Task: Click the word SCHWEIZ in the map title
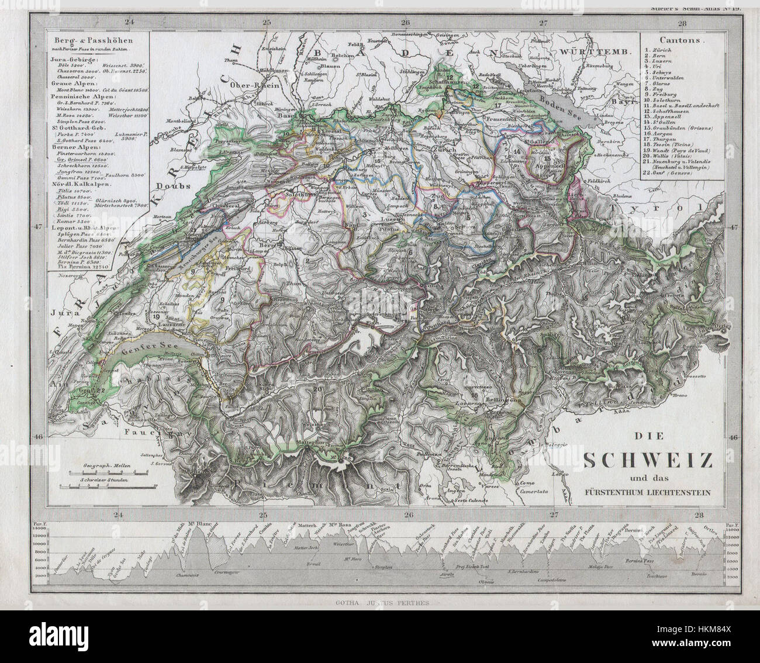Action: (649, 461)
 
